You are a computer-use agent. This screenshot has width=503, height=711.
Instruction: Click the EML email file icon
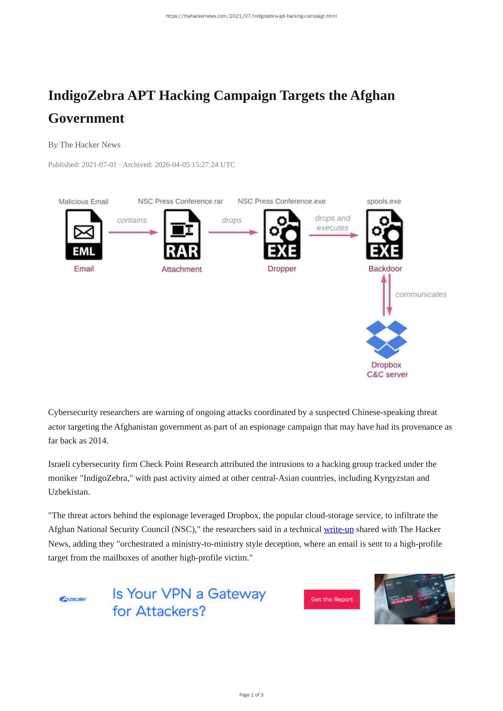[84, 234]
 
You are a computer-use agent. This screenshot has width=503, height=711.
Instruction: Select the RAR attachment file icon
[182, 234]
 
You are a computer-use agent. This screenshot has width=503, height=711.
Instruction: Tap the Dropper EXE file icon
[282, 234]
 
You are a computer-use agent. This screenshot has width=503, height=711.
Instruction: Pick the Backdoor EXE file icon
[384, 234]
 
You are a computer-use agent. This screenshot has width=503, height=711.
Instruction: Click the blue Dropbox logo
[386, 339]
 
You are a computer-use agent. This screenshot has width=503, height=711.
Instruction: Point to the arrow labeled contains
[133, 232]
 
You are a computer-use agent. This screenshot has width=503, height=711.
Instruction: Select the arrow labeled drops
[233, 232]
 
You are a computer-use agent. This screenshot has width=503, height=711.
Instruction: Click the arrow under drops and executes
[333, 235]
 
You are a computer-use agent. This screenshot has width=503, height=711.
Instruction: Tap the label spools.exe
[384, 201]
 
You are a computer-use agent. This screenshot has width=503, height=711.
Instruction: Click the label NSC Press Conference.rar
[180, 201]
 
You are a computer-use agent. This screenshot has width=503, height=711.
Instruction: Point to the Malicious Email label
[83, 202]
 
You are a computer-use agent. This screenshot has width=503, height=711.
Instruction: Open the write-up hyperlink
[339, 529]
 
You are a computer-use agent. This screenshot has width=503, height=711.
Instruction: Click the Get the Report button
[332, 599]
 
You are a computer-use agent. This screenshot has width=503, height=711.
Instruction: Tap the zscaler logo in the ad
[73, 599]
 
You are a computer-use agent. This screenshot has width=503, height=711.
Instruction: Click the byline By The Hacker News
[84, 145]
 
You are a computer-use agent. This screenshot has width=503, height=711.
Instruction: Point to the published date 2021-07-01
[99, 165]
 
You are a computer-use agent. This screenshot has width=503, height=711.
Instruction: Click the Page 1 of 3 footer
[251, 695]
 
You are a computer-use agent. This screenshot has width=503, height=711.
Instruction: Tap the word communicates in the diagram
[421, 294]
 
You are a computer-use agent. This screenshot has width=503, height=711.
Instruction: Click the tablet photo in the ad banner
[414, 599]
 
